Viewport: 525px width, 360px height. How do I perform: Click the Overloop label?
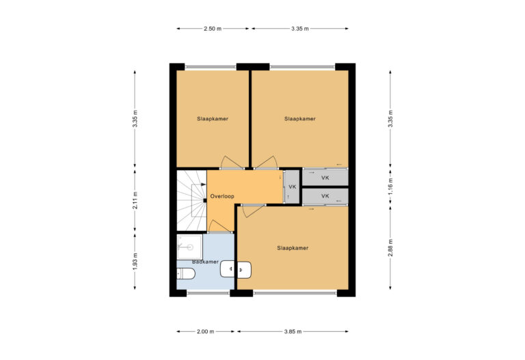coord(222,196)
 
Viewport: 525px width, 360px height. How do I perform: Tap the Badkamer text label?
coord(204,262)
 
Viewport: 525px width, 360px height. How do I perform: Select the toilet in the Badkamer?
coord(186,274)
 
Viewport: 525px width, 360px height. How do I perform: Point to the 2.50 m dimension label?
coord(213,29)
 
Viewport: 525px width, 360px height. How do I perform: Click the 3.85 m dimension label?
coord(293,331)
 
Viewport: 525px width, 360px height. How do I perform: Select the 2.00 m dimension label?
coord(204,331)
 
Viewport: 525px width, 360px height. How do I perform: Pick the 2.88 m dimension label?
coord(390,247)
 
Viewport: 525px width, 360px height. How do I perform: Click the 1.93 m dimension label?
coord(135,262)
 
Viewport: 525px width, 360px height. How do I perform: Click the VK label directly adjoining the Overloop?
coord(292,186)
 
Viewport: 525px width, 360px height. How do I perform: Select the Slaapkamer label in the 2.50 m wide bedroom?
coord(213,118)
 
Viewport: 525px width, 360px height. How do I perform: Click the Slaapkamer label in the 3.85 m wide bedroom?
coord(293,248)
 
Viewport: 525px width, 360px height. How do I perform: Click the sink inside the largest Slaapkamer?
coord(244,271)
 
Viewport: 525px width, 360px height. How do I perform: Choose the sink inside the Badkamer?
coord(228,271)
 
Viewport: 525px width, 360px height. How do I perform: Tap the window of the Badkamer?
coord(208,293)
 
